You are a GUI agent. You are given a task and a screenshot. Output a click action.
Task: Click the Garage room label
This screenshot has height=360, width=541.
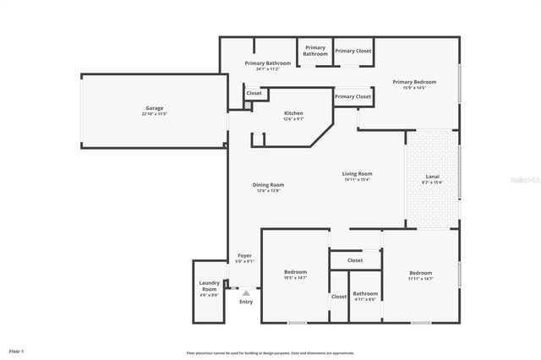click(x=154, y=108)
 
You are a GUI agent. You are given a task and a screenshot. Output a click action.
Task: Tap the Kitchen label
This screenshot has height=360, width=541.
click(x=293, y=113)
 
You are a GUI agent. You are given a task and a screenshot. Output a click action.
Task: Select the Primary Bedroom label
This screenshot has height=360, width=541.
click(x=414, y=82)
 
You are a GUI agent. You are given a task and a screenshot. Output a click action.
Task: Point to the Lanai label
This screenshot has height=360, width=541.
click(x=432, y=177)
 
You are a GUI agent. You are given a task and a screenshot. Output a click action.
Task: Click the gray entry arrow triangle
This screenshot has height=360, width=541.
click(x=246, y=293)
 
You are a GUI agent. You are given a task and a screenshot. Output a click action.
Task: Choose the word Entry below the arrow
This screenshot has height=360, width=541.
click(x=246, y=302)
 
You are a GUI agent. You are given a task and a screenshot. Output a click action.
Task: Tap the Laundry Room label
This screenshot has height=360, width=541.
click(x=209, y=286)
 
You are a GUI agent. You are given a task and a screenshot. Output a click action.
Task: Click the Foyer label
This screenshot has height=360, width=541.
click(x=244, y=256)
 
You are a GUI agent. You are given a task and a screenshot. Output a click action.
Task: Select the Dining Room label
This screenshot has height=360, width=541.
click(x=269, y=185)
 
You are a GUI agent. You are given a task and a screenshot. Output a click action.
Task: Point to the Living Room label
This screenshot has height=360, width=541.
click(x=358, y=174)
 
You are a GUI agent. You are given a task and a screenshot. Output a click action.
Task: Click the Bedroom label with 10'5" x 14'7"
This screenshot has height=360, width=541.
click(x=295, y=272)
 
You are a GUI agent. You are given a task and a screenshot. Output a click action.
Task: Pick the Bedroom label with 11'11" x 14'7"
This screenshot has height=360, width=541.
click(x=420, y=273)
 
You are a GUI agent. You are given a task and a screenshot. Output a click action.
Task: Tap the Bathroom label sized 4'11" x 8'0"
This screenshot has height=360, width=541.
click(x=366, y=294)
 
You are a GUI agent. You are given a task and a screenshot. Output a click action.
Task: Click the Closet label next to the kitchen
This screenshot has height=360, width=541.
click(x=254, y=93)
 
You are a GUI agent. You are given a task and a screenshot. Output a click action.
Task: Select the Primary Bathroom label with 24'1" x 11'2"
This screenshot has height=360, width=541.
click(x=268, y=63)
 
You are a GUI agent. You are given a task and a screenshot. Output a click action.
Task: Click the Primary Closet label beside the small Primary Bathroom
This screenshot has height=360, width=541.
click(x=352, y=51)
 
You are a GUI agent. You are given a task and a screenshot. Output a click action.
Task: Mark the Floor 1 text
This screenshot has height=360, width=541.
click(x=16, y=351)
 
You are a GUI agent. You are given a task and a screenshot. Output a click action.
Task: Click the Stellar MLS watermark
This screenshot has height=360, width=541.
click(x=525, y=180)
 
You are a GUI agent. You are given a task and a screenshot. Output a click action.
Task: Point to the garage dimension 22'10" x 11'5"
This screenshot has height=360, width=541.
click(x=154, y=114)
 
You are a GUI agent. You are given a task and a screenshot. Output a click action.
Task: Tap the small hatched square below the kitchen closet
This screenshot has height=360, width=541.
click(x=248, y=106)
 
